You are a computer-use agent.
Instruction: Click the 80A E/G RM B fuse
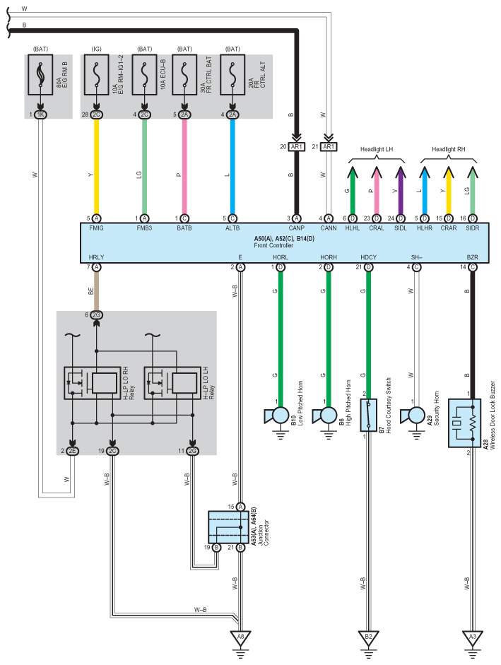tap(40, 75)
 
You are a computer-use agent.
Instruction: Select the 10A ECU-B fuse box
tap(144, 75)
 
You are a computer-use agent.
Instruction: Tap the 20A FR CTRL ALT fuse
tap(232, 75)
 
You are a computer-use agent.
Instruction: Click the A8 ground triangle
tap(240, 637)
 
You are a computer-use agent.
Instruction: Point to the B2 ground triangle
tap(368, 637)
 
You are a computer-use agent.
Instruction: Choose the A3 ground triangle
tap(473, 637)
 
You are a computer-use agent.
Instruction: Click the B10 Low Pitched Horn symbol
tap(276, 416)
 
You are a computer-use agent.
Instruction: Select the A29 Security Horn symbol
tap(413, 416)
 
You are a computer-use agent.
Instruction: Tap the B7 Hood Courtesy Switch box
tap(368, 415)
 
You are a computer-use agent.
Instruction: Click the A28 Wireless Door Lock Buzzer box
tap(464, 423)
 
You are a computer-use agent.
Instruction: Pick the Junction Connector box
tap(228, 527)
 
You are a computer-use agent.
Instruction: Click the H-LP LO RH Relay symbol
tap(92, 383)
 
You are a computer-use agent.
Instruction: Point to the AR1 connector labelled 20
tap(296, 147)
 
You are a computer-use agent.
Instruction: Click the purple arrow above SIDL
tap(401, 190)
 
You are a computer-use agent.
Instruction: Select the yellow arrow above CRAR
tap(449, 190)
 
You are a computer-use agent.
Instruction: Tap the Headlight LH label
tap(377, 149)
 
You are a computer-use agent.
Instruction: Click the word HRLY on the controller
tap(96, 257)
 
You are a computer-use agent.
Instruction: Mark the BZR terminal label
tap(472, 257)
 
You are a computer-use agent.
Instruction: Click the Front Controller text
tap(273, 245)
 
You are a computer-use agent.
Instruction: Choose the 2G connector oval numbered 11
tap(193, 450)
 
